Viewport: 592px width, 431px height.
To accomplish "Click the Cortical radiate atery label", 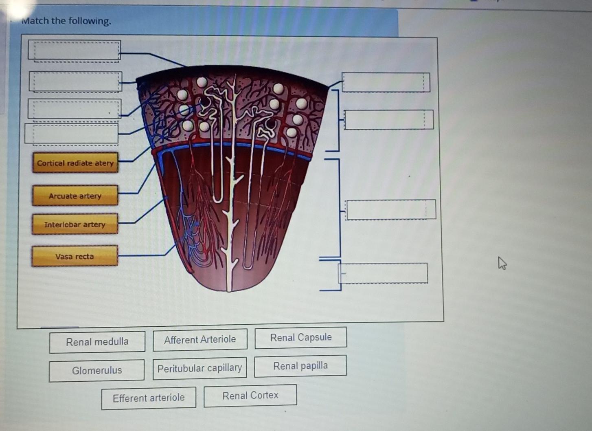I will pyautogui.click(x=75, y=163).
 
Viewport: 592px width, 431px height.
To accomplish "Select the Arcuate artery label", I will pyautogui.click(x=75, y=196).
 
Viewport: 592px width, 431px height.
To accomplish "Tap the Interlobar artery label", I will pyautogui.click(x=75, y=224).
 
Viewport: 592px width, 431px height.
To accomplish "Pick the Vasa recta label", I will pyautogui.click(x=75, y=256).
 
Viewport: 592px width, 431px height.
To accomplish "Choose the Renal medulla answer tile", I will pyautogui.click(x=97, y=342).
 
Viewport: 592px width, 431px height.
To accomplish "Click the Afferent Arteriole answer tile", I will pyautogui.click(x=200, y=340).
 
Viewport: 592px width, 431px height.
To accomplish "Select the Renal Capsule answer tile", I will pyautogui.click(x=301, y=338).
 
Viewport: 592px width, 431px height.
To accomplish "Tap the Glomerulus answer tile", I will pyautogui.click(x=97, y=370).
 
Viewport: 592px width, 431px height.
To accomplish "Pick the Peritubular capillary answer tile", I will pyautogui.click(x=200, y=368).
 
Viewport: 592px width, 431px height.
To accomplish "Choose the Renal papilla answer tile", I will pyautogui.click(x=300, y=366).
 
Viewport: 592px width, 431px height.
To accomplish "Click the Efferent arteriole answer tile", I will pyautogui.click(x=149, y=398).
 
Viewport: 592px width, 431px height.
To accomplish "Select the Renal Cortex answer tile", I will pyautogui.click(x=250, y=396).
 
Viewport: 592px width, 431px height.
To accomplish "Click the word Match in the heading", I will pyautogui.click(x=35, y=21).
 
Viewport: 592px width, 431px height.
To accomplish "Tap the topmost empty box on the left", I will pyautogui.click(x=75, y=51).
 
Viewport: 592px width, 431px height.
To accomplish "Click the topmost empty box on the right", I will pyautogui.click(x=386, y=82).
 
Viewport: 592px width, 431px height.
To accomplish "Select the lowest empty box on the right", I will pyautogui.click(x=383, y=273).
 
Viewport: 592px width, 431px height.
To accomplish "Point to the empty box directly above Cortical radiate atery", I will pyautogui.click(x=72, y=134).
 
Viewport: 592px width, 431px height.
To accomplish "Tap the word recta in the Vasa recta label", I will pyautogui.click(x=84, y=256).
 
